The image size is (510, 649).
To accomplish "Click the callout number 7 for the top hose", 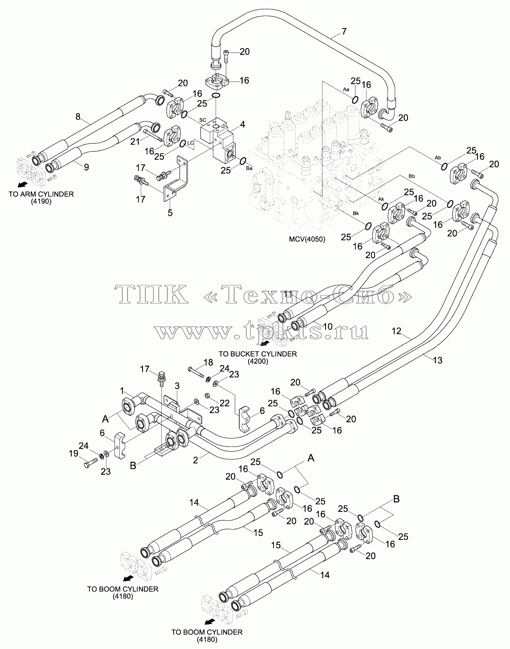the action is (344, 31).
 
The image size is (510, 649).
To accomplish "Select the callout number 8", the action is (78, 117).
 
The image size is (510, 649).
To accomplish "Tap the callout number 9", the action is (86, 167).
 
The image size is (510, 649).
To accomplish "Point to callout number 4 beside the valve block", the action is (243, 124).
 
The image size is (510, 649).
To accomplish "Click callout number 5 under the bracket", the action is (170, 213).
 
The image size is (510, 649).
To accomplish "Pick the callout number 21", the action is (135, 141).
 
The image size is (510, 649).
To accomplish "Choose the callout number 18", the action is (208, 362).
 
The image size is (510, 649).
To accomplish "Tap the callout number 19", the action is (73, 454).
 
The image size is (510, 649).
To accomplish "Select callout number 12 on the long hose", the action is (396, 331).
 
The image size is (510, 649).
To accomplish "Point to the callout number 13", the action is (437, 360).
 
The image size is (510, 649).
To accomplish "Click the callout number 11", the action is (288, 294).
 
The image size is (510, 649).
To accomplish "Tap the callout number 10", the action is (328, 326).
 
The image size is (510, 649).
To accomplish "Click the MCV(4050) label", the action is (307, 239).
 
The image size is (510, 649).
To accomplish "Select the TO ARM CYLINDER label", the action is (41, 194).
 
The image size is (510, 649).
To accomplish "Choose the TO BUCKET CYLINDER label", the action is (257, 354).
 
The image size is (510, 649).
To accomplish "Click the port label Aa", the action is (346, 89).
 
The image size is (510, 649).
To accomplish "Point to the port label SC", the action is (203, 120).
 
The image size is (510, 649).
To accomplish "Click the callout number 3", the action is (177, 386).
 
